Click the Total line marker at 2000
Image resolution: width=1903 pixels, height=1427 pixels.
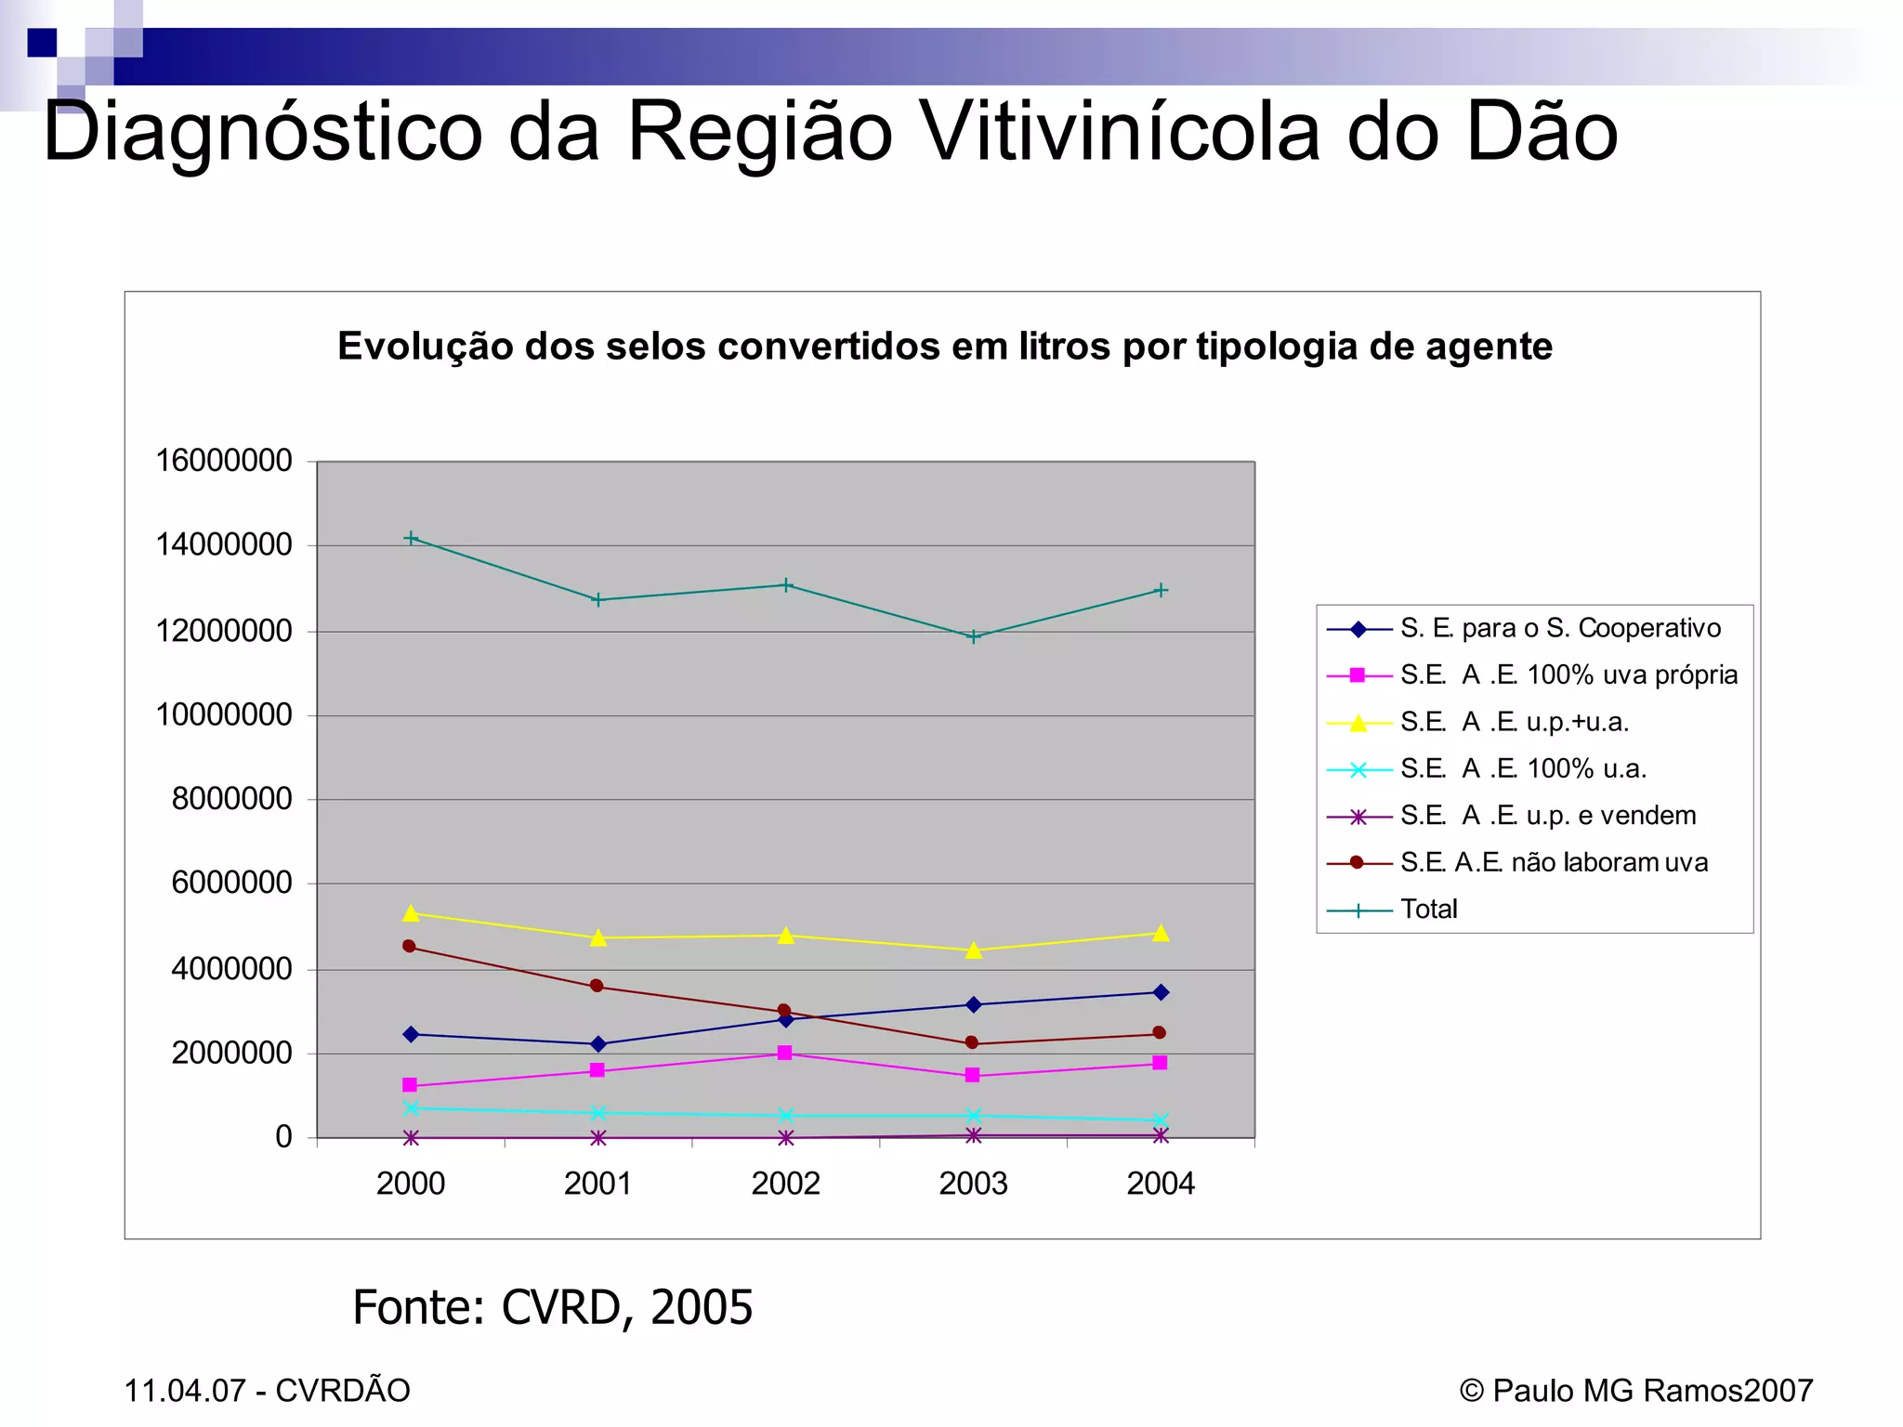411,538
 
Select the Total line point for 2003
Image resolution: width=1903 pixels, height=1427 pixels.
973,636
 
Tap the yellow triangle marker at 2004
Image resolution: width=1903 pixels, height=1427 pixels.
1160,933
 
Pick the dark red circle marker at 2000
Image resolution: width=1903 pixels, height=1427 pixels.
409,946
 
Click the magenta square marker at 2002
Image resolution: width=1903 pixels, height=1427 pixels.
784,1053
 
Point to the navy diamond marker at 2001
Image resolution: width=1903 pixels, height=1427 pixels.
597,1043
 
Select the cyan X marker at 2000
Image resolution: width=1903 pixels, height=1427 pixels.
411,1107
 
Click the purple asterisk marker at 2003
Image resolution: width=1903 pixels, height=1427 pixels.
973,1134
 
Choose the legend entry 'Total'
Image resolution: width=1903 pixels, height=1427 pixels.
1428,909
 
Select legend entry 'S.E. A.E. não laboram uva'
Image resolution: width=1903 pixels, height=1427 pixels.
1553,862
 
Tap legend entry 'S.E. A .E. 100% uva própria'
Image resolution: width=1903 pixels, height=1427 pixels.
1568,674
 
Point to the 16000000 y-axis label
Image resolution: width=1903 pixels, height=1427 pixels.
223,460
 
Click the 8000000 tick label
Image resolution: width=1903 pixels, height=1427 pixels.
231,798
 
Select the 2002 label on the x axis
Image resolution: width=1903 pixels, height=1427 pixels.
785,1183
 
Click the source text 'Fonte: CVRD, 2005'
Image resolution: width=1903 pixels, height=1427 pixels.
552,1307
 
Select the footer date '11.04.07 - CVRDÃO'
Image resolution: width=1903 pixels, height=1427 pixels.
267,1390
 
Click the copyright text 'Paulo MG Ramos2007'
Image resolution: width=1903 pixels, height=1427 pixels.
1651,1390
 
